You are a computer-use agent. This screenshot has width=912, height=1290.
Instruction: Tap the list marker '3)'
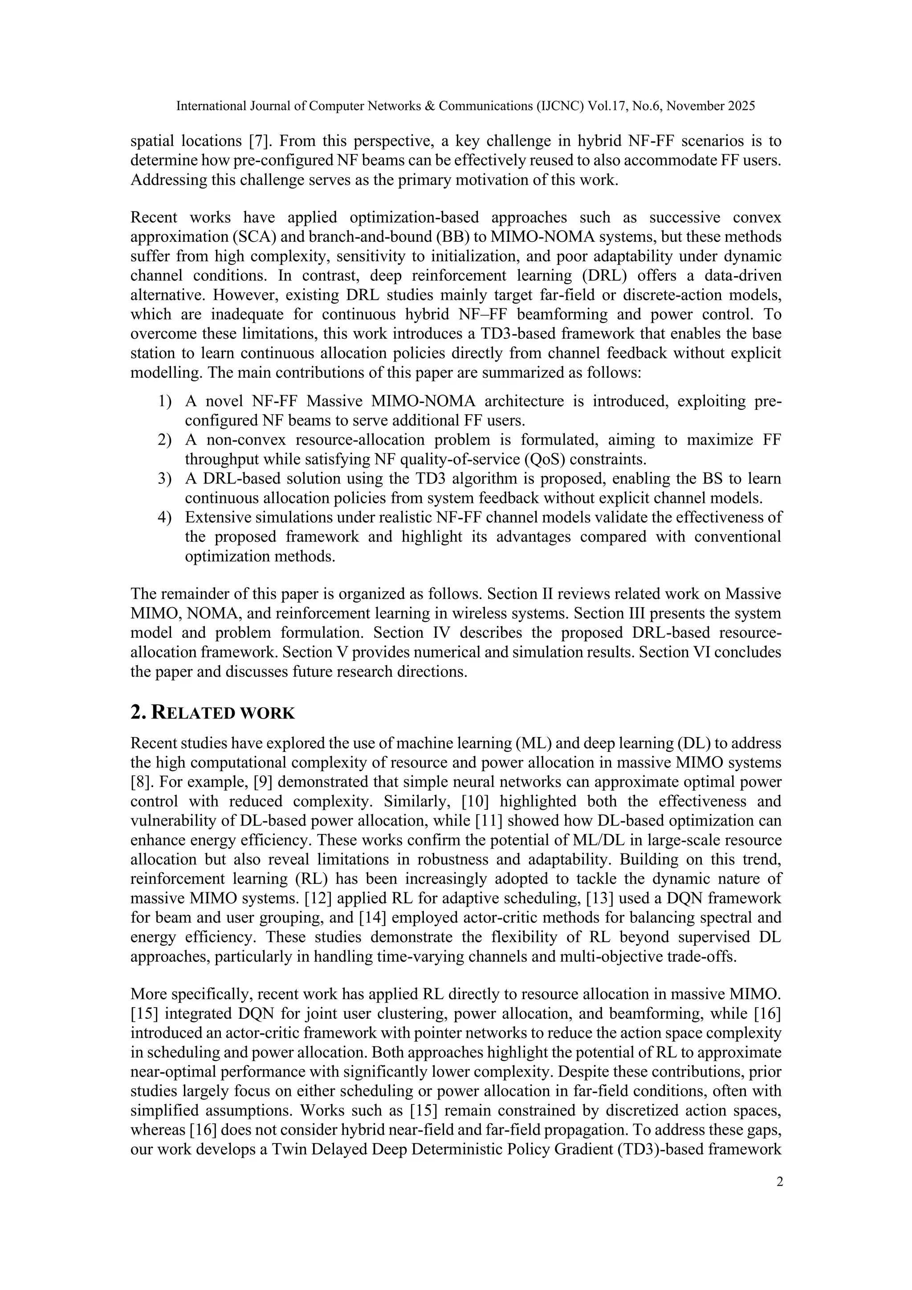coord(164,479)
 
